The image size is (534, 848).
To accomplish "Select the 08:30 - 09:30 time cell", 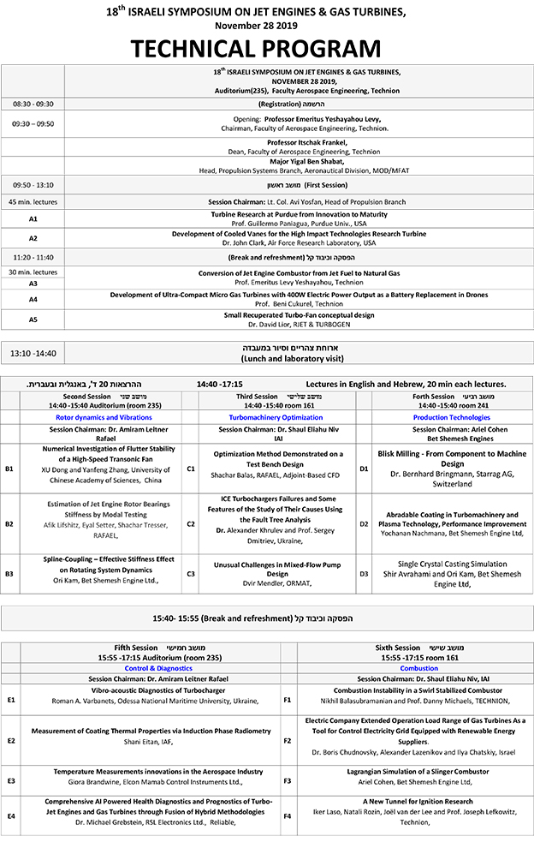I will point(33,104).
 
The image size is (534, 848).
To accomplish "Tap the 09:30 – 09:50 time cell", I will point(33,123).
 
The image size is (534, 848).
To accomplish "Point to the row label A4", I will point(33,299).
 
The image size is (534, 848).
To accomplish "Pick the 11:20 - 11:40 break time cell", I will point(33,256).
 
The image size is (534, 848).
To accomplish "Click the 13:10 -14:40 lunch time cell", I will point(33,353).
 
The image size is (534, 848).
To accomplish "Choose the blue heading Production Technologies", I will point(446,417).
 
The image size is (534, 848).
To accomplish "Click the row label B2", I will point(9,523).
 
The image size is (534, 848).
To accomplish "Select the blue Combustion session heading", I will point(419,668).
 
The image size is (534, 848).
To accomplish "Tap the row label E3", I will point(10,780).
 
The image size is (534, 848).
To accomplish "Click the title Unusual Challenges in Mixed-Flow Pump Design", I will point(266,569).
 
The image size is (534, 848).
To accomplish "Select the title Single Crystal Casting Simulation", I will point(446,564).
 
